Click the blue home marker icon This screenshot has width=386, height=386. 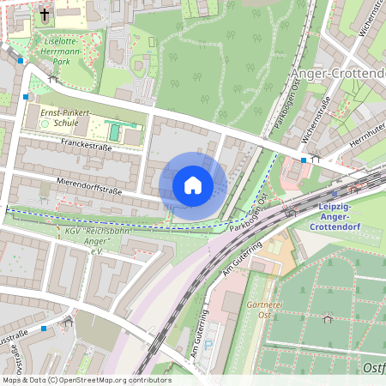click(x=193, y=184)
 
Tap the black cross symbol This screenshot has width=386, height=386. click(x=45, y=15)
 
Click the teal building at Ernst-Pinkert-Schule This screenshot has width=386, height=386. click(x=115, y=132)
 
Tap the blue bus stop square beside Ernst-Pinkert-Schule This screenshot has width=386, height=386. click(x=27, y=97)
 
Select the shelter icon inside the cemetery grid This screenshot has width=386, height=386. click(x=327, y=319)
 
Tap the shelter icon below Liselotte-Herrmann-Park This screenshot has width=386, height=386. click(x=53, y=79)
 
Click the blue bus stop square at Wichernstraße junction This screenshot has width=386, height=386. click(x=304, y=160)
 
